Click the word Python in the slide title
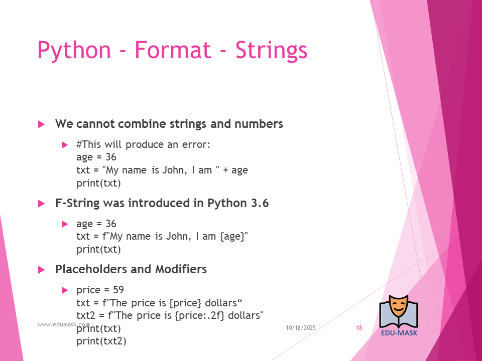click(74, 51)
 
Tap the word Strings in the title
click(272, 51)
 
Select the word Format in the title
click(173, 50)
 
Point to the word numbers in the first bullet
click(259, 124)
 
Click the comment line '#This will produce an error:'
click(143, 144)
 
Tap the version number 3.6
click(260, 203)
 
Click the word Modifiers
click(181, 269)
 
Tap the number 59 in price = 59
click(118, 290)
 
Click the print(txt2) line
click(101, 341)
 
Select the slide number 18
click(359, 328)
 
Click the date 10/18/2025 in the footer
click(301, 328)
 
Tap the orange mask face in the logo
click(398, 307)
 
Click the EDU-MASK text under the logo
click(399, 333)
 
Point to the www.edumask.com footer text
click(63, 324)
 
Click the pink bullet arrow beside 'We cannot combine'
click(42, 124)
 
